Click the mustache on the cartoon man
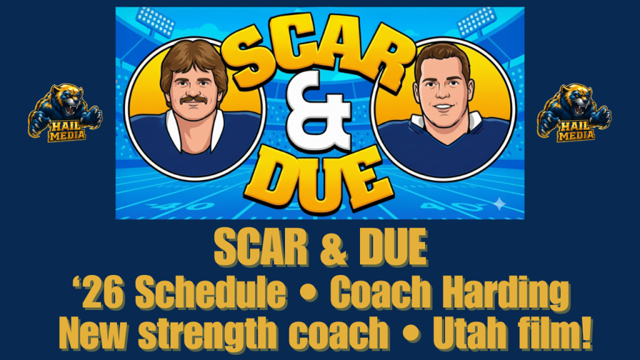click(x=193, y=99)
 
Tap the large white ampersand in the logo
click(x=318, y=111)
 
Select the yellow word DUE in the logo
click(x=318, y=179)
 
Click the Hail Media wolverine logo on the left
click(x=65, y=113)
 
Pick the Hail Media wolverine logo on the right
click(x=574, y=113)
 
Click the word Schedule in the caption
click(x=211, y=292)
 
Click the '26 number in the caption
click(x=98, y=292)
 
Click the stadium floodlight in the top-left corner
click(x=155, y=21)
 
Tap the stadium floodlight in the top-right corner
click(x=477, y=21)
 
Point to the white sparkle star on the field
click(x=499, y=203)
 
